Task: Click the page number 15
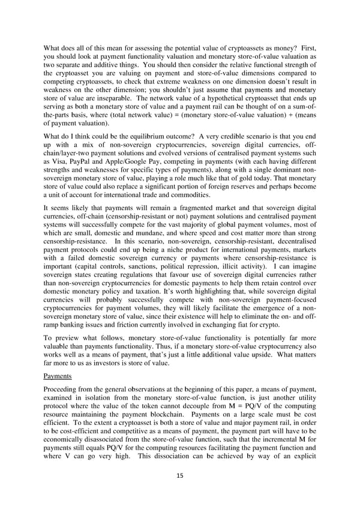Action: pos(179,475)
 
